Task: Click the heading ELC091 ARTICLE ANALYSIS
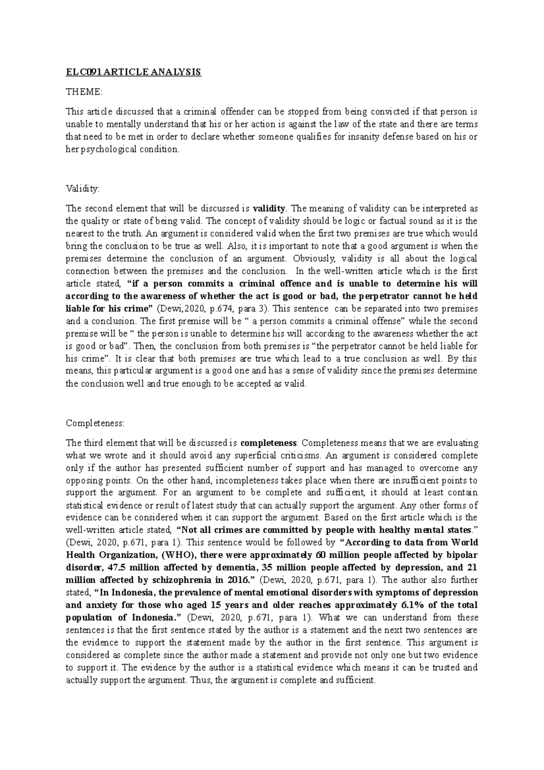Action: click(133, 73)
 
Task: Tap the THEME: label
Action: click(84, 92)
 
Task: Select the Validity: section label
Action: click(82, 189)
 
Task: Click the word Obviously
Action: click(314, 258)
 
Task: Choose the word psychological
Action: click(108, 149)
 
